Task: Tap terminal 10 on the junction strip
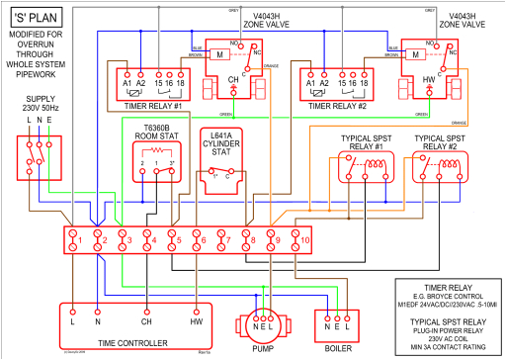point(305,239)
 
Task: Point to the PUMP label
point(263,349)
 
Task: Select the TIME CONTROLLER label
point(126,342)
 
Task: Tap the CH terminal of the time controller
point(146,322)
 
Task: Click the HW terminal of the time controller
point(196,322)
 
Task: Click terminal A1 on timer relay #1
point(126,85)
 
